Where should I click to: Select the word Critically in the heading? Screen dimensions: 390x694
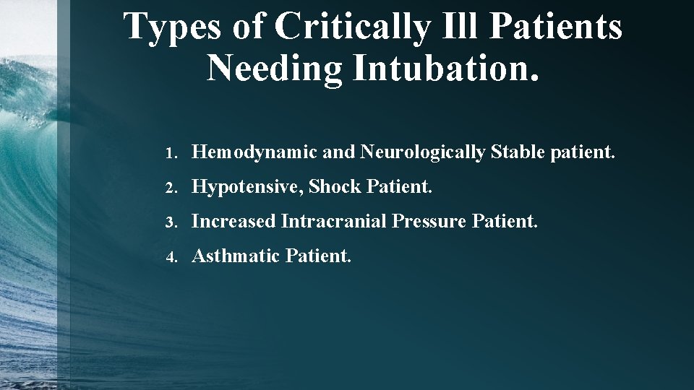[352, 27]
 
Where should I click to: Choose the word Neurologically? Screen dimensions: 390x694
[423, 152]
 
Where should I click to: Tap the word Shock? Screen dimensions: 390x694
[335, 186]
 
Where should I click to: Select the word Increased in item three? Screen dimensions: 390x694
[234, 220]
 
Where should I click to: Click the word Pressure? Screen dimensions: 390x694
[429, 220]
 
